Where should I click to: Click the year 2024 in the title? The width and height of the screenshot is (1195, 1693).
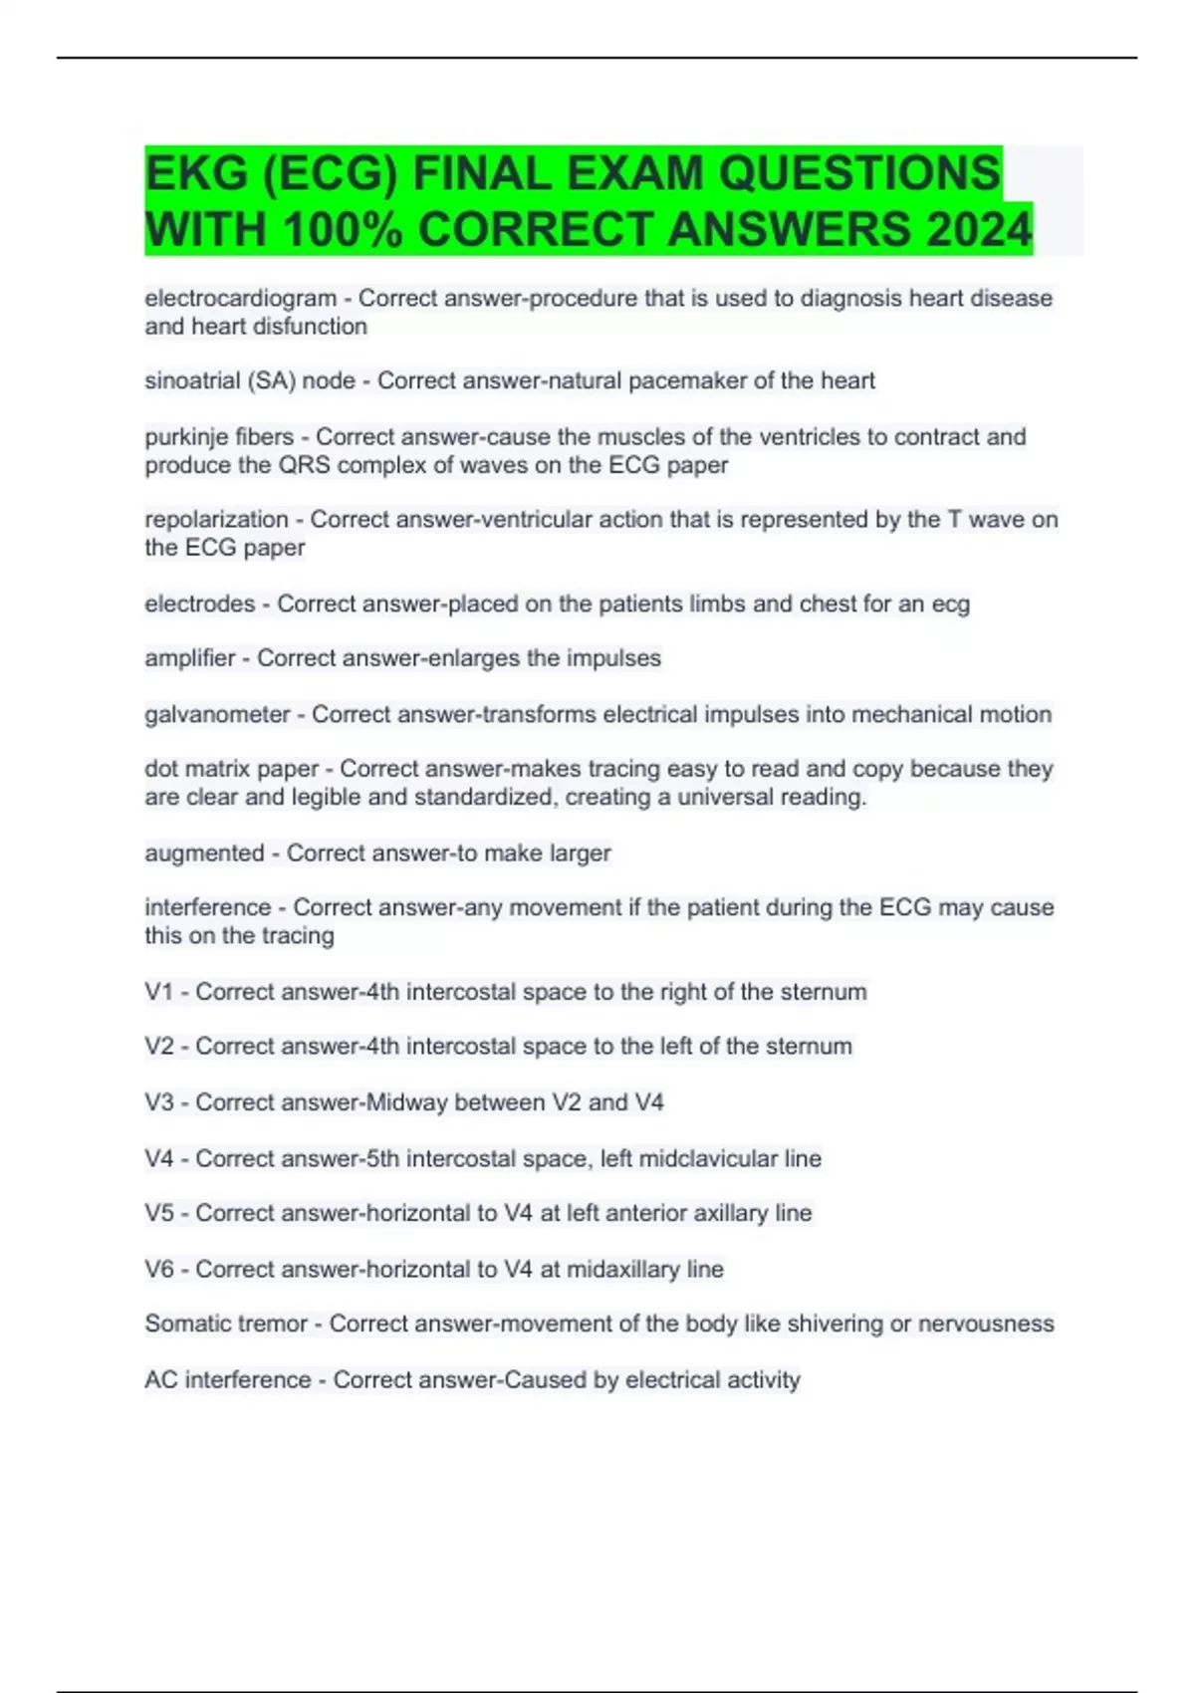tap(978, 230)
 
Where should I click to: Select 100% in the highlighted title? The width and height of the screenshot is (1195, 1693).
tap(343, 230)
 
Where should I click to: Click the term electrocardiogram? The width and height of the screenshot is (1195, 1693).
tap(240, 298)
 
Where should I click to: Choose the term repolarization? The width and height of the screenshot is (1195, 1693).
tap(216, 520)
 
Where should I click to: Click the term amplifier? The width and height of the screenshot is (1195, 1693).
tap(189, 658)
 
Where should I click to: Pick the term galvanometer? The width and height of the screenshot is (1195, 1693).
tap(217, 714)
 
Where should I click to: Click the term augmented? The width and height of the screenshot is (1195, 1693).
tap(204, 853)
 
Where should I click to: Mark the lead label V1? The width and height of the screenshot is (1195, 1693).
tap(159, 992)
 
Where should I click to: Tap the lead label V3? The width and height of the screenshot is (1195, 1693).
tap(159, 1102)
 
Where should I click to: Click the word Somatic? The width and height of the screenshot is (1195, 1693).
tap(184, 1324)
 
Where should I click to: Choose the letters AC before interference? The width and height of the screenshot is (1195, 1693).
tap(160, 1379)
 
